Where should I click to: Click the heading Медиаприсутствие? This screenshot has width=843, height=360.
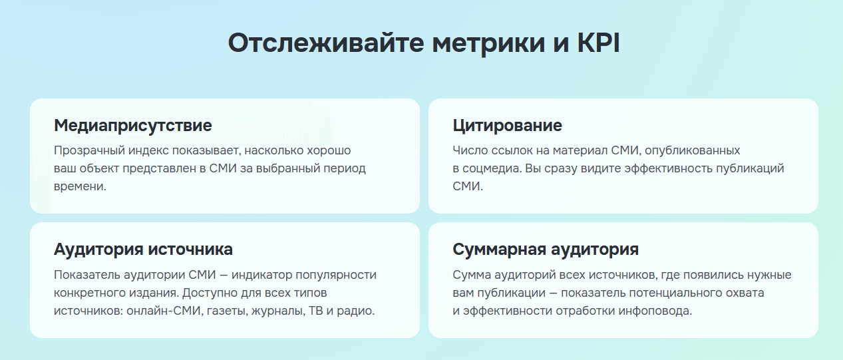pyautogui.click(x=133, y=125)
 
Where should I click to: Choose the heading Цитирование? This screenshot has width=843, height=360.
pyautogui.click(x=507, y=125)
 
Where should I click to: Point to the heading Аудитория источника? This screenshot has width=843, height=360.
pyautogui.click(x=143, y=250)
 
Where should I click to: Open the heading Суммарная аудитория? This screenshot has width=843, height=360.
pyautogui.click(x=546, y=250)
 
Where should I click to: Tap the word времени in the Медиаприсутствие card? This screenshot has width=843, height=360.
pyautogui.click(x=80, y=186)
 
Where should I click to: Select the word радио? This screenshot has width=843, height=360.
pyautogui.click(x=359, y=311)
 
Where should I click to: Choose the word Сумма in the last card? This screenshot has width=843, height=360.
pyautogui.click(x=470, y=275)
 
